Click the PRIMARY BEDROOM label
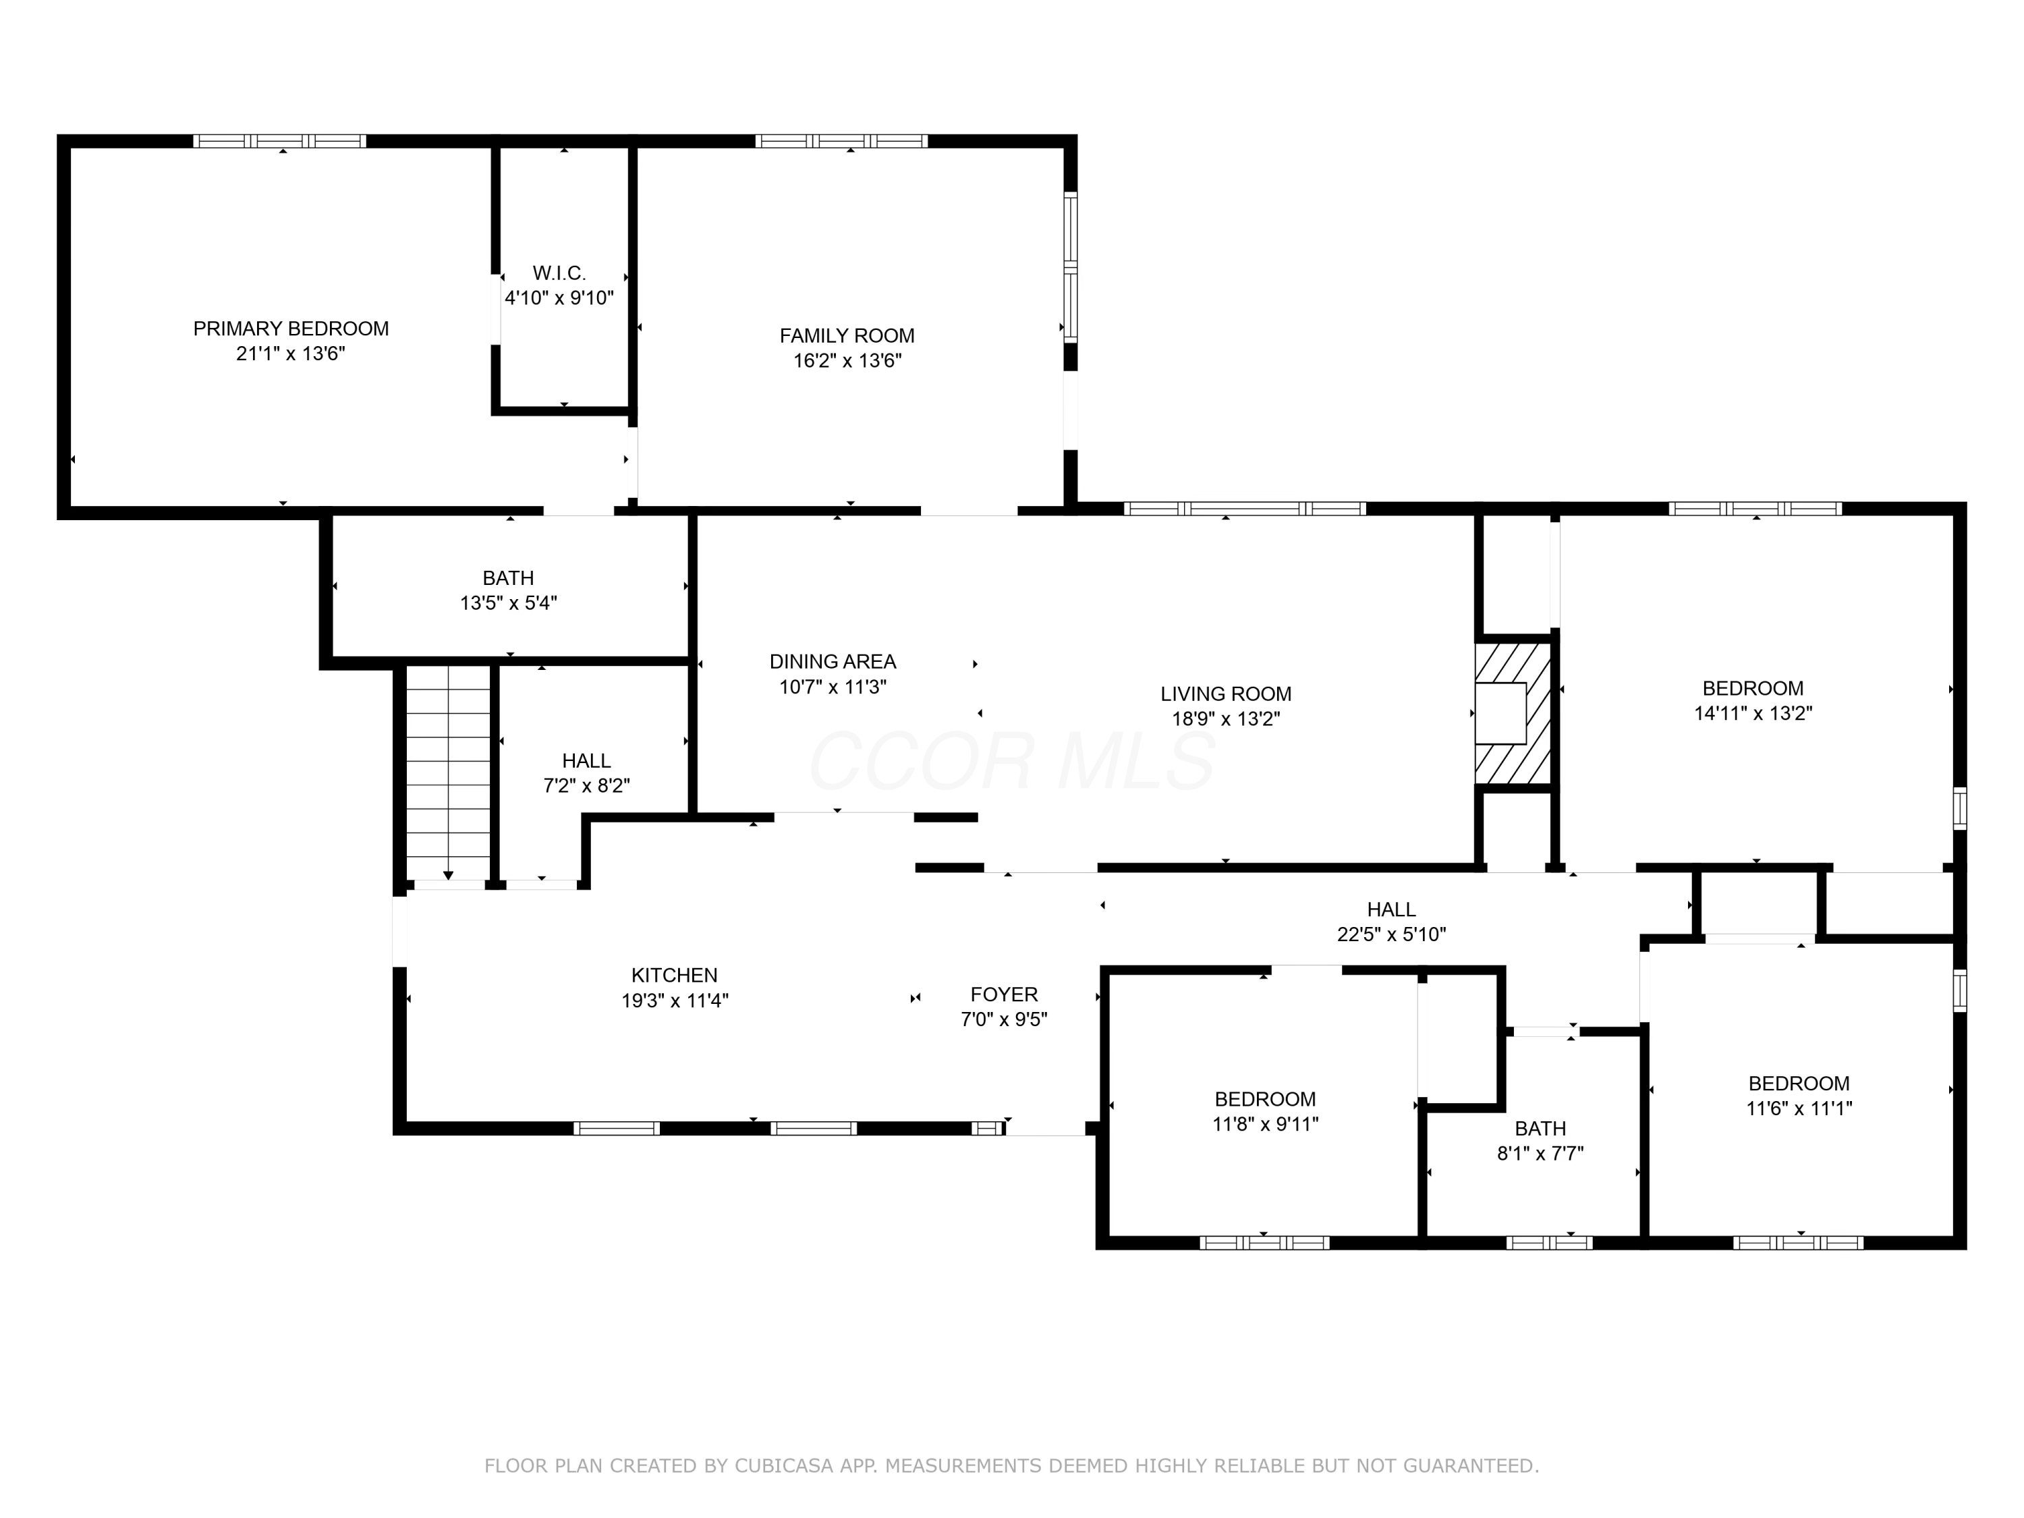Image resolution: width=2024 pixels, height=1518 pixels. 290,329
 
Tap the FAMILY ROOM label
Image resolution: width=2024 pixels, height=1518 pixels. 847,336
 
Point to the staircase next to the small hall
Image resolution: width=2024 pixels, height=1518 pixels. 449,773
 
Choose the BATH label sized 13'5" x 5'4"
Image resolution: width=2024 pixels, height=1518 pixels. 508,578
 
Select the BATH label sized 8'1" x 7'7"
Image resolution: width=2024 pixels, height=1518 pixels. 1540,1128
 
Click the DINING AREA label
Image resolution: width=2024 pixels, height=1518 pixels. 832,662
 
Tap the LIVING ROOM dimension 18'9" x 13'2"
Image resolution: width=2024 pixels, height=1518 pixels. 1225,719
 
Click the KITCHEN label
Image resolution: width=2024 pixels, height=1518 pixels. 675,976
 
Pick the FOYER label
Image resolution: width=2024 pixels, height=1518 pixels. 1004,994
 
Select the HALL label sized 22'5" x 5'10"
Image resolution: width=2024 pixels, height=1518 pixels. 1390,909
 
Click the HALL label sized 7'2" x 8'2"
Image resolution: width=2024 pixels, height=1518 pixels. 586,761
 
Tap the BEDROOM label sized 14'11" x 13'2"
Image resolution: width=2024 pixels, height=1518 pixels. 1752,688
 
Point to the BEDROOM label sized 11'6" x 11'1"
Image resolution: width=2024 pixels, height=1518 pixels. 1798,1084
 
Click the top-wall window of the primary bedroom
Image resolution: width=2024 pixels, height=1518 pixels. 279,141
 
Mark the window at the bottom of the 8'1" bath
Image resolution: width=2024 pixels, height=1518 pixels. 1548,1243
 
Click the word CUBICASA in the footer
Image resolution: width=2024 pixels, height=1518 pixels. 783,1466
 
